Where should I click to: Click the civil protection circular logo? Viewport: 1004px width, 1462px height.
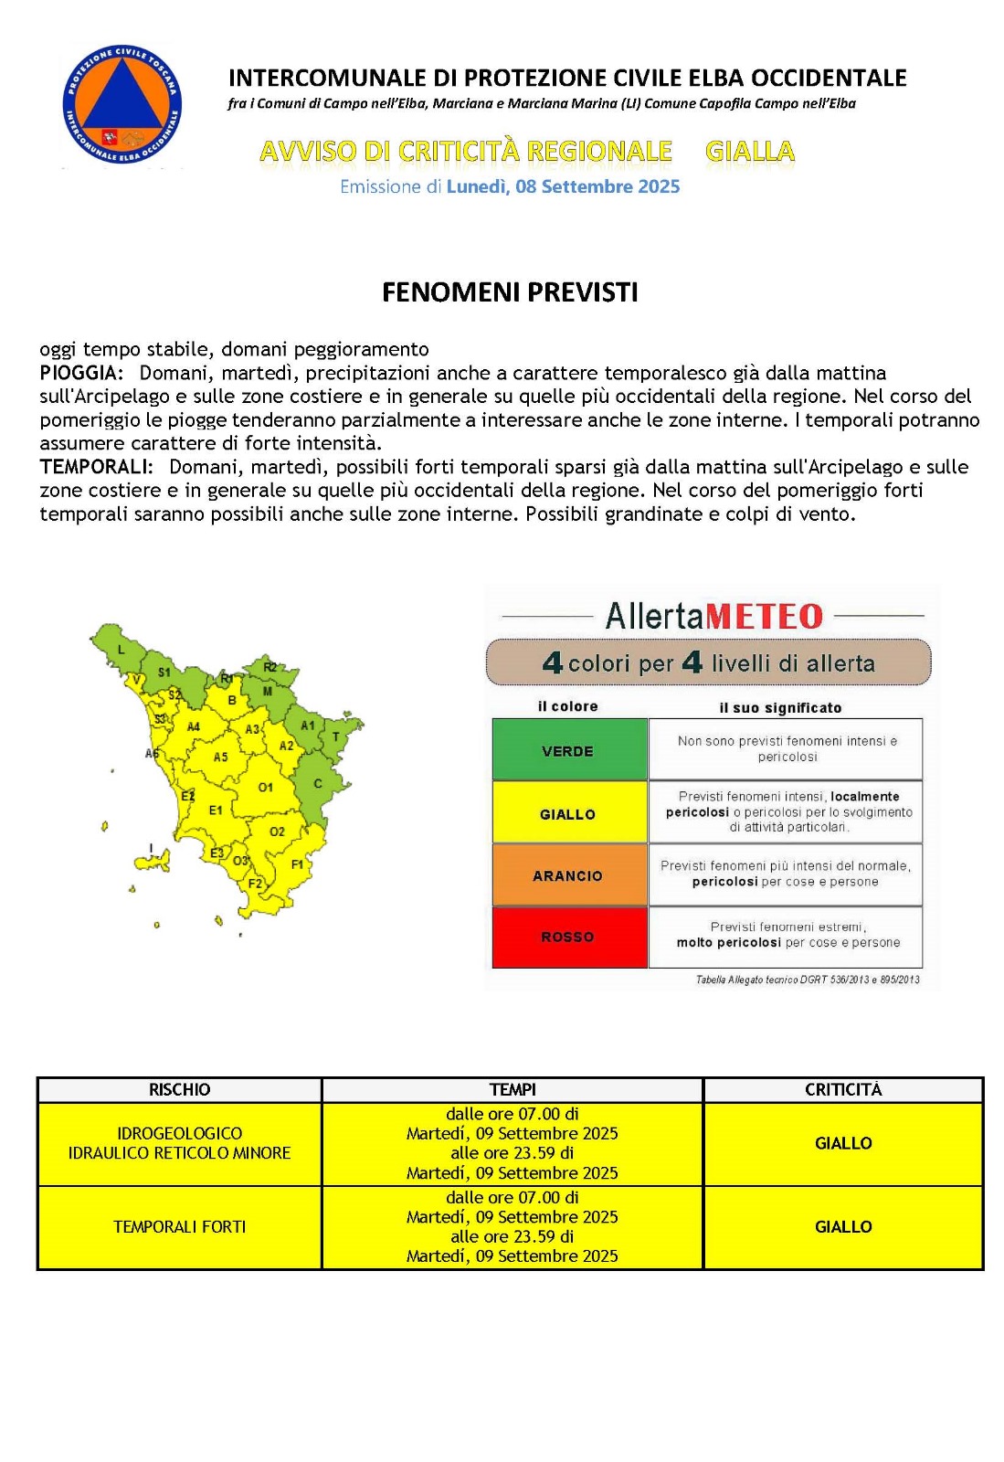click(x=122, y=104)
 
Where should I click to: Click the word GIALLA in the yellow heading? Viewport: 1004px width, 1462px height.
click(x=750, y=151)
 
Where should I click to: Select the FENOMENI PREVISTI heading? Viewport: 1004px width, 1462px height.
click(x=510, y=292)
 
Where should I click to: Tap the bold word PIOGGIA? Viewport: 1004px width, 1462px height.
click(x=80, y=373)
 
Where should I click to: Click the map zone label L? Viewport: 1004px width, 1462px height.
click(x=121, y=650)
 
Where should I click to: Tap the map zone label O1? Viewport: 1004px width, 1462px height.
click(x=265, y=787)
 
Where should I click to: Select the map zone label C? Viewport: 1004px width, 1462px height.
click(x=318, y=783)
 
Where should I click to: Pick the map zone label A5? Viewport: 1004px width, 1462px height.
click(x=220, y=757)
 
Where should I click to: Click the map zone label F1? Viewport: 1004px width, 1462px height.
click(x=297, y=863)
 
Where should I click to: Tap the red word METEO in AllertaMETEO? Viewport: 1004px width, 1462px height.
click(x=765, y=616)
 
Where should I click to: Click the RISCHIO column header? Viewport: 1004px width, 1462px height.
click(x=179, y=1089)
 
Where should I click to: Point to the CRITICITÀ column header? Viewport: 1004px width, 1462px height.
click(x=842, y=1089)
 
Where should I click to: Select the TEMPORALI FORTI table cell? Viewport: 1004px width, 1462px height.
click(x=179, y=1227)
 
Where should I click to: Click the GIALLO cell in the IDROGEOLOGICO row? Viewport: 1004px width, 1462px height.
click(x=842, y=1143)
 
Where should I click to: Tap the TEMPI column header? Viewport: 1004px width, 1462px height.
click(x=512, y=1089)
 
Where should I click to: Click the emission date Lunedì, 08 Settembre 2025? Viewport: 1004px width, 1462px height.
click(x=563, y=186)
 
